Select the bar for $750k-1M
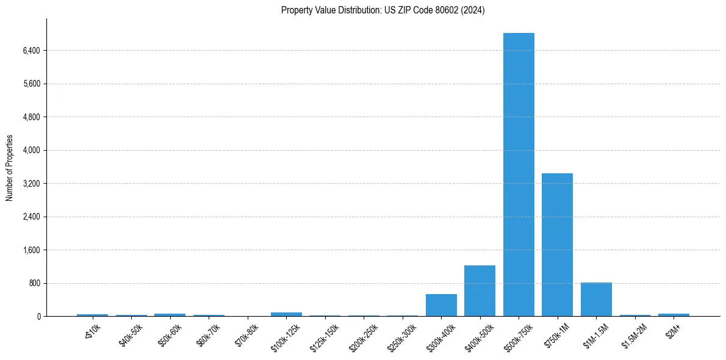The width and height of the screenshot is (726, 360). pos(557,245)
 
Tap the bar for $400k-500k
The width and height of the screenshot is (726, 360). pos(480,291)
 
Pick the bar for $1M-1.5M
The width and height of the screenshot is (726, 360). pos(596,300)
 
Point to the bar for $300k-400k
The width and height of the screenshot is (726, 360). pos(441,305)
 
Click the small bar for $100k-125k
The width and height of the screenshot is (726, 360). pos(286,314)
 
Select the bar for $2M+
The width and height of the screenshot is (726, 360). pos(674,315)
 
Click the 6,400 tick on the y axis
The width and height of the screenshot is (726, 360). pos(31,51)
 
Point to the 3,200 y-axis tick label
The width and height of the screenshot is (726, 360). pos(31,184)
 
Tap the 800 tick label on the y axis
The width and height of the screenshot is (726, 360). pos(34,284)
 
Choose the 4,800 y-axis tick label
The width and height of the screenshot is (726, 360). pos(31,117)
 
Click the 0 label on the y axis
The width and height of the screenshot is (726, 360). pos(38,317)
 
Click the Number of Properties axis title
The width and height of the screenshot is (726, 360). pos(9,168)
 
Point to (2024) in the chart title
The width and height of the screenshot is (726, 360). pos(472,10)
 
